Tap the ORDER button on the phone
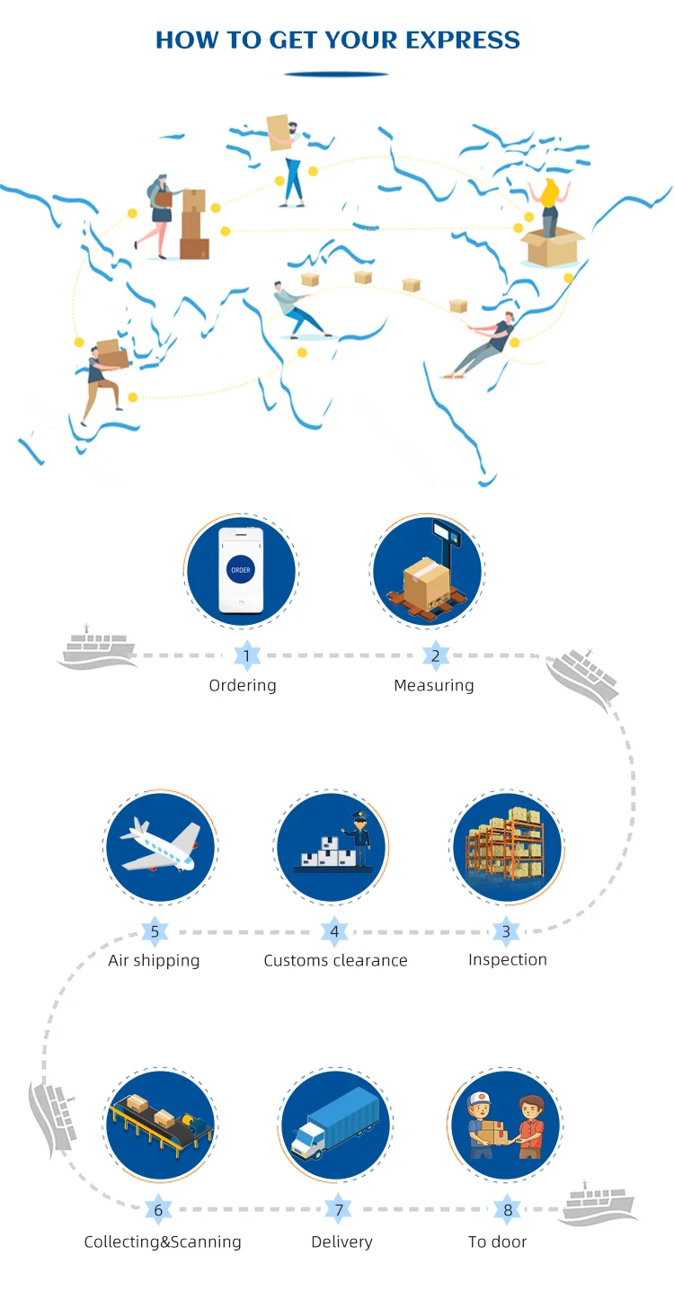pos(241,570)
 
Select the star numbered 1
pos(247,655)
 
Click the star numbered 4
pos(334,931)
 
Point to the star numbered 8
pos(508,1210)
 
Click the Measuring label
pos(433,685)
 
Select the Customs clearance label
pos(335,960)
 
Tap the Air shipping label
pos(154,960)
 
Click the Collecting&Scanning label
pos(163,1242)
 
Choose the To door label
pos(497,1242)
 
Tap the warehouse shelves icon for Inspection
pos(505,846)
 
